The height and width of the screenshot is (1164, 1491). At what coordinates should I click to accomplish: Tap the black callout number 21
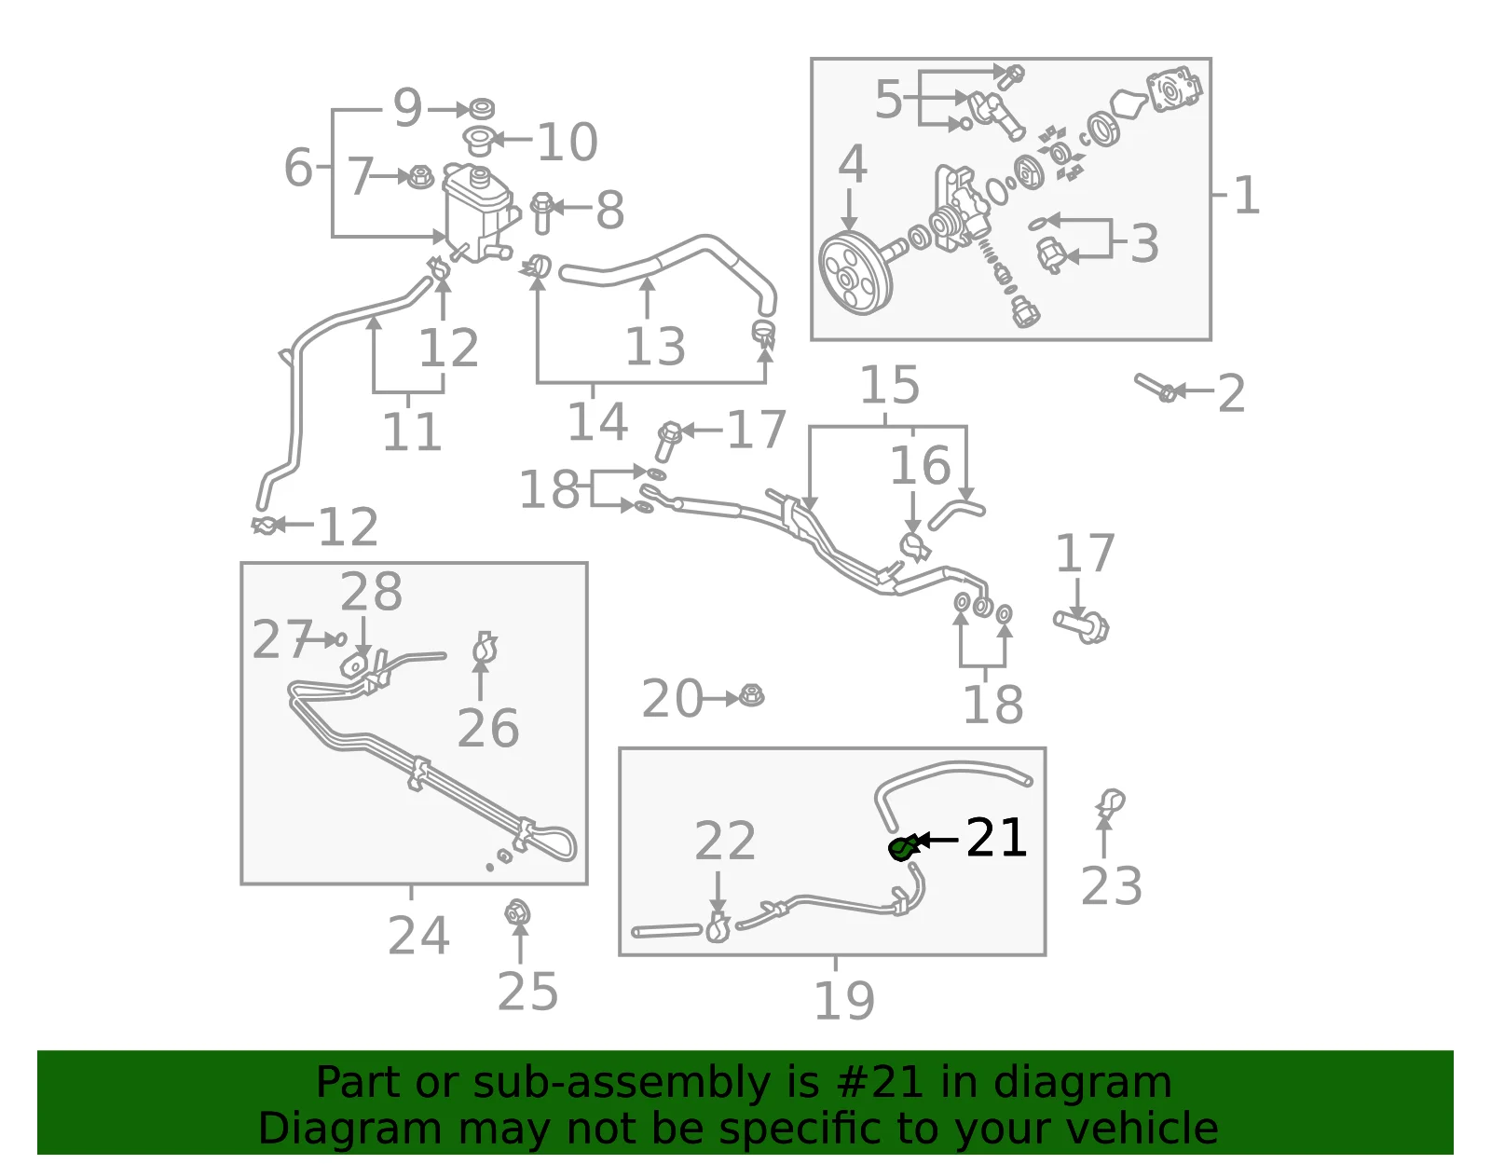[x=996, y=838]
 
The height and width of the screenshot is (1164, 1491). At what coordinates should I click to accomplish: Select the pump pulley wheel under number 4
[x=855, y=273]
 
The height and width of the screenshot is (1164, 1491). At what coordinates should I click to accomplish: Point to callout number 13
[x=655, y=346]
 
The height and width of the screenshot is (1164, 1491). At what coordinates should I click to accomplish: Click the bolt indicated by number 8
[x=542, y=213]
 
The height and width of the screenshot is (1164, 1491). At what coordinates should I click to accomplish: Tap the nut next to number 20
[x=751, y=696]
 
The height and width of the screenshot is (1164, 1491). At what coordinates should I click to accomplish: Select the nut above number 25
[x=517, y=912]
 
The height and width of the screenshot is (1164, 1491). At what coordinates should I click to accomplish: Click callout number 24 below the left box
[x=418, y=935]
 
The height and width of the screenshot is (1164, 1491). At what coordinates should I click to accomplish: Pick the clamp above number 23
[x=1110, y=802]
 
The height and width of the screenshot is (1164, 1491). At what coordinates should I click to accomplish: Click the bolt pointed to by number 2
[x=1156, y=388]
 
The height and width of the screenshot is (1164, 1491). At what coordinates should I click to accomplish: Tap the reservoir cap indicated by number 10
[x=477, y=141]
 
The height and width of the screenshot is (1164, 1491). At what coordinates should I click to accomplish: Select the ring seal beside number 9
[x=481, y=108]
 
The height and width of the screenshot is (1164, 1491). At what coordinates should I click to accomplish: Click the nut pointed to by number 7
[x=420, y=177]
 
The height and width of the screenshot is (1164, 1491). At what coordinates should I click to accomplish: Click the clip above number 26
[x=485, y=648]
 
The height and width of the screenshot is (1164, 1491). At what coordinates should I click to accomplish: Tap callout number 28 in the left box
[x=371, y=591]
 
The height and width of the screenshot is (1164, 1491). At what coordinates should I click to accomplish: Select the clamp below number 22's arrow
[x=717, y=926]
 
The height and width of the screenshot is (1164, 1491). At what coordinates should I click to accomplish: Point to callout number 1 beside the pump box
[x=1247, y=195]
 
